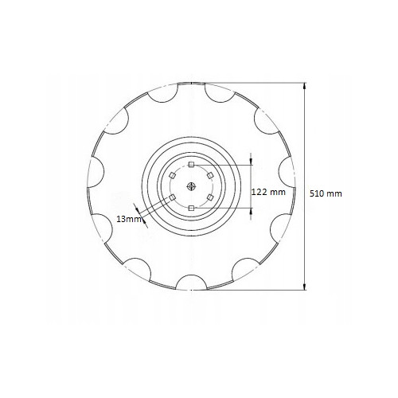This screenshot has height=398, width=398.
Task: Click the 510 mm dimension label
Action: (x=326, y=193)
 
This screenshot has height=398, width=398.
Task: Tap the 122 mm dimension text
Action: (x=268, y=192)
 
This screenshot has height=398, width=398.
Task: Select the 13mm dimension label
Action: (x=129, y=219)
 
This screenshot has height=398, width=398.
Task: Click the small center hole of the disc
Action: (x=191, y=186)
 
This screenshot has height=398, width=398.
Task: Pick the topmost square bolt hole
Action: (x=191, y=165)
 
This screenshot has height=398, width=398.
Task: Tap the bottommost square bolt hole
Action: (x=191, y=209)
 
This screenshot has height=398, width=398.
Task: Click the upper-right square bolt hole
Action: (x=210, y=175)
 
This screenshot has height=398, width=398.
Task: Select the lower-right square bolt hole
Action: (x=210, y=197)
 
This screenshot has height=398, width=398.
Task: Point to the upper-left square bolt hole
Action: (x=172, y=175)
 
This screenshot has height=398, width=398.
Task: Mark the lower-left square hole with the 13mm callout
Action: (x=172, y=197)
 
